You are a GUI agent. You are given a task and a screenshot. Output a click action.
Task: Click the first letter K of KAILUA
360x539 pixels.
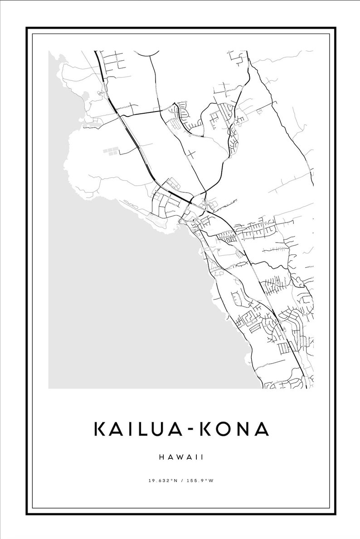(x=100, y=429)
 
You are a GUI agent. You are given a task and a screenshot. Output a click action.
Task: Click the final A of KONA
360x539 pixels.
(x=262, y=429)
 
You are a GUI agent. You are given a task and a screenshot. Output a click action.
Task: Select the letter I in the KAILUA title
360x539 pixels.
(x=129, y=429)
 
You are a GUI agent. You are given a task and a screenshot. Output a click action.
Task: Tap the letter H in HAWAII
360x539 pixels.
(x=162, y=457)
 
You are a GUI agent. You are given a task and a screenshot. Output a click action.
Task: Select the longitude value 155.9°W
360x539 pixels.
(x=200, y=480)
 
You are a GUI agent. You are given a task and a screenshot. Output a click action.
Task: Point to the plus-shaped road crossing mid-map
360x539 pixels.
(x=191, y=154)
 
